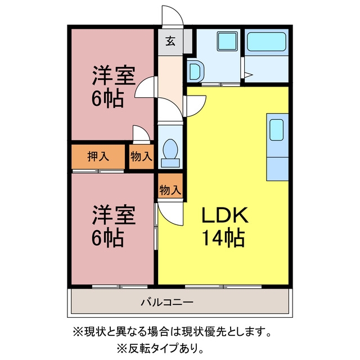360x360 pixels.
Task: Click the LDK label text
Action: (x=225, y=215)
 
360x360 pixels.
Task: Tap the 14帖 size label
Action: (x=223, y=237)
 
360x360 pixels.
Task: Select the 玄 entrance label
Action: (x=170, y=41)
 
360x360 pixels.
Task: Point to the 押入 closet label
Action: (x=98, y=156)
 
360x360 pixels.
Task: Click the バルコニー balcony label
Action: (x=167, y=302)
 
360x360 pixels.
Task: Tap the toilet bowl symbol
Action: (x=170, y=152)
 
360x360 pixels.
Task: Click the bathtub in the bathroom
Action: (x=267, y=42)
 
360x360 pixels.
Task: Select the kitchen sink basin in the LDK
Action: (x=276, y=130)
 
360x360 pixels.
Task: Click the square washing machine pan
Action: (x=227, y=42)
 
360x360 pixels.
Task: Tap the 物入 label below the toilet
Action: (x=170, y=190)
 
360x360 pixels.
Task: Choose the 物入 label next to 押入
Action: (x=141, y=156)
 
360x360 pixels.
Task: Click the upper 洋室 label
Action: (x=114, y=75)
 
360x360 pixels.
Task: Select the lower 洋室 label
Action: (x=114, y=215)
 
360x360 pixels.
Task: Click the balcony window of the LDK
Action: (x=223, y=286)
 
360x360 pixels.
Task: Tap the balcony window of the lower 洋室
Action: (x=120, y=286)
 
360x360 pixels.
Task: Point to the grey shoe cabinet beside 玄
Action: (x=187, y=41)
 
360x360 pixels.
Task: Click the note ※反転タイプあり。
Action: (x=160, y=349)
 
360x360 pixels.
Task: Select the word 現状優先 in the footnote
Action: (x=201, y=331)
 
